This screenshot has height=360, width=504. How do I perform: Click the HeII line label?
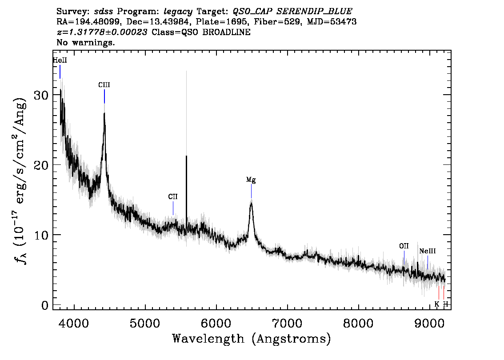pyautogui.click(x=60, y=60)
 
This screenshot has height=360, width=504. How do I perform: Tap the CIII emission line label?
pyautogui.click(x=104, y=85)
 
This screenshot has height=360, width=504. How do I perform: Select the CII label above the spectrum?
pyautogui.click(x=173, y=196)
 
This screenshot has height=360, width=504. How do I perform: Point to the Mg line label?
pyautogui.click(x=251, y=180)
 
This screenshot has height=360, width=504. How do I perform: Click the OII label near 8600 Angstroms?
pyautogui.click(x=404, y=246)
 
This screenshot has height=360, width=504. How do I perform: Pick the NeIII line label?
pyautogui.click(x=428, y=251)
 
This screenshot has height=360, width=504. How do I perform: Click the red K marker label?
pyautogui.click(x=437, y=304)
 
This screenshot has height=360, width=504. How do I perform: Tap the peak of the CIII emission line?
pyautogui.click(x=104, y=113)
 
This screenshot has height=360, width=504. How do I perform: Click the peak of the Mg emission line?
pyautogui.click(x=252, y=202)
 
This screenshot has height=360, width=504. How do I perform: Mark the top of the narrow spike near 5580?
pyautogui.click(x=186, y=156)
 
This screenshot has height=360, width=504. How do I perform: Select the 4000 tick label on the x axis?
pyautogui.click(x=74, y=323)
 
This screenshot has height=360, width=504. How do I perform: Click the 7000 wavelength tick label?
pyautogui.click(x=288, y=323)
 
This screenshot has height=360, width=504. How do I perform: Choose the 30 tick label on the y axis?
pyautogui.click(x=41, y=95)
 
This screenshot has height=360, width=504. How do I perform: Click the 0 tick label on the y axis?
pyautogui.click(x=45, y=305)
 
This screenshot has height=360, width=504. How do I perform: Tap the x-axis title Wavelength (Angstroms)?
pyautogui.click(x=252, y=339)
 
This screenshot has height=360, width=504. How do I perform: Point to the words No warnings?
pyautogui.click(x=85, y=42)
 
